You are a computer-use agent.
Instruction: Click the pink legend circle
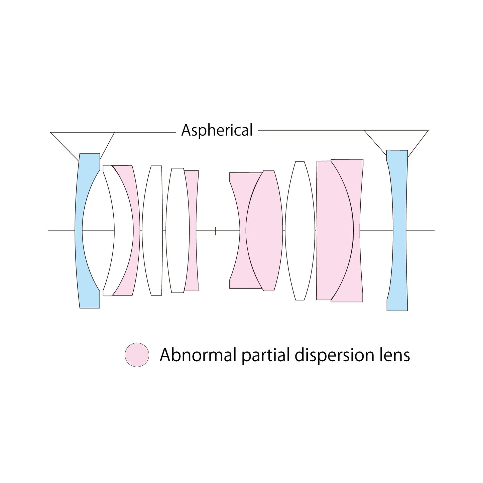pyautogui.click(x=137, y=355)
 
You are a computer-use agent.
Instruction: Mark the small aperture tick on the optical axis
pyautogui.click(x=216, y=231)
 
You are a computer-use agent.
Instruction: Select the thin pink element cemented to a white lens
pyautogui.click(x=193, y=231)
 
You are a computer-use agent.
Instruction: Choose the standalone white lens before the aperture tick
pyautogui.click(x=152, y=231)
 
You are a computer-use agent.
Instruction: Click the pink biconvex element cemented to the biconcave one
pyautogui.click(x=264, y=231)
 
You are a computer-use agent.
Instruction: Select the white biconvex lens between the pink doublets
pyautogui.click(x=300, y=231)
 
